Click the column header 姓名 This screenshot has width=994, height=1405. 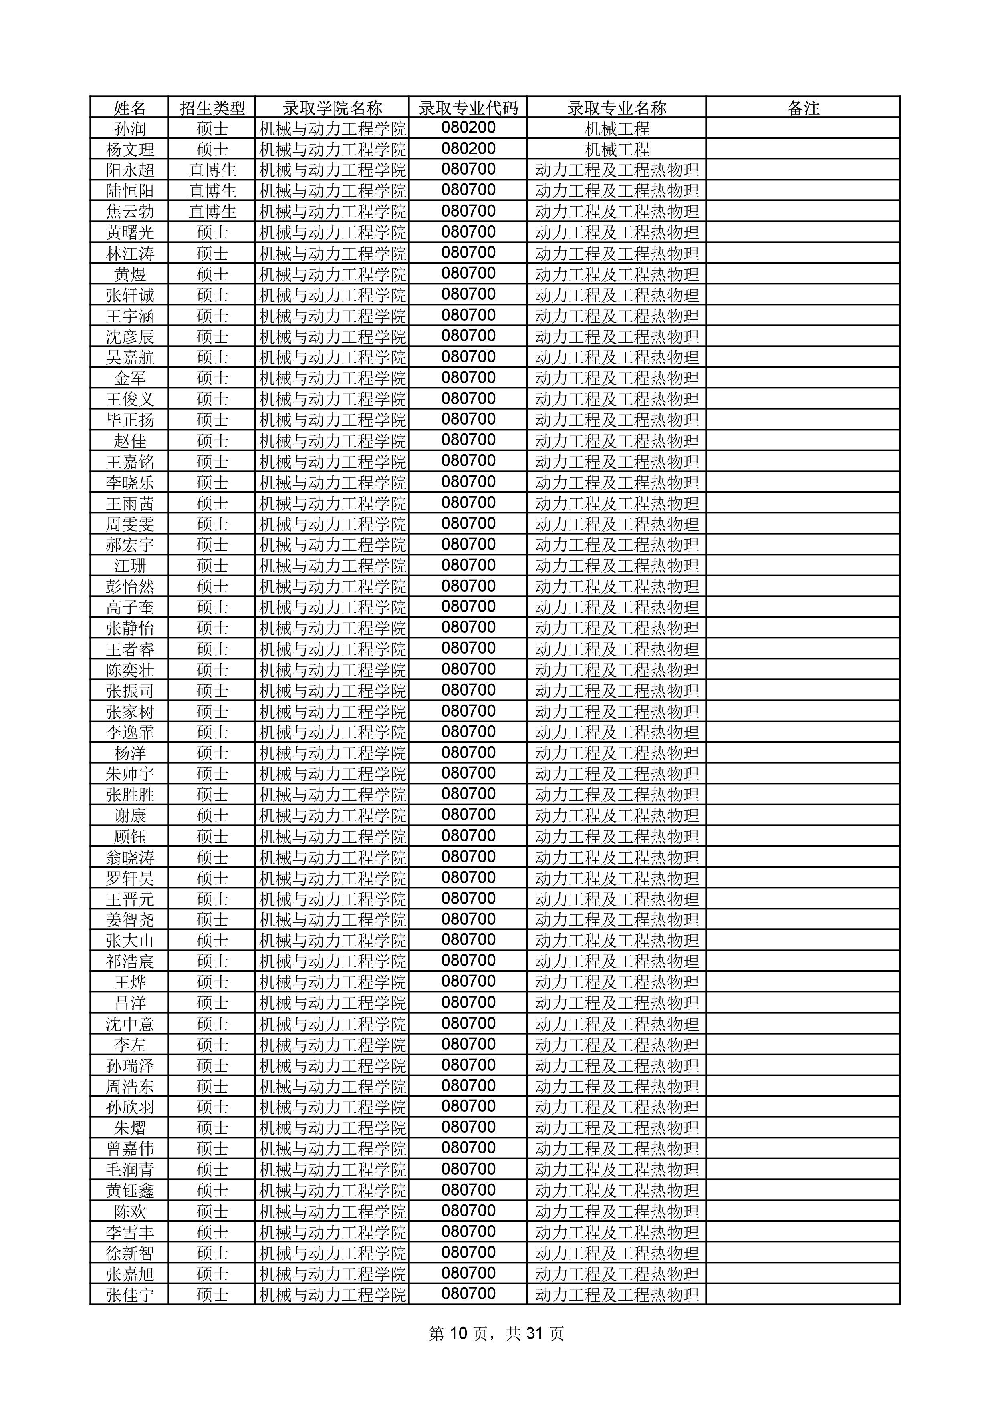coord(130,108)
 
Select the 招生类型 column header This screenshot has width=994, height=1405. coord(212,108)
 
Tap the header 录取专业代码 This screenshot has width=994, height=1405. coord(468,108)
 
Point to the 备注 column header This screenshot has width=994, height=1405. coord(803,108)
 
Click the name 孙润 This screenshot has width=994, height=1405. coord(130,129)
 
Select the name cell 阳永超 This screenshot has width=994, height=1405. coord(130,170)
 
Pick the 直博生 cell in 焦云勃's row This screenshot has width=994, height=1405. coord(212,212)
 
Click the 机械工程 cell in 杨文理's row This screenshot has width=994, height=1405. coord(617,149)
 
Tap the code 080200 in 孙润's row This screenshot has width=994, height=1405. coord(468,129)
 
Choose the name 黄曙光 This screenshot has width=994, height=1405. coord(130,233)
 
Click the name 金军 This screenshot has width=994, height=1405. coord(130,378)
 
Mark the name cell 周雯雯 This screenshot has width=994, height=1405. coord(130,524)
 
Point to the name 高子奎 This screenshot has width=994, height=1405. coord(130,608)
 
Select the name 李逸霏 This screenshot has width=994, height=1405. coord(130,733)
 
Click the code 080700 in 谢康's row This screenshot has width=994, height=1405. coord(468,815)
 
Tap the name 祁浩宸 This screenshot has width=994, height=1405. coord(130,961)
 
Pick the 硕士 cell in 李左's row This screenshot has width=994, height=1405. coord(212,1045)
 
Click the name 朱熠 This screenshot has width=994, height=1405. coord(130,1128)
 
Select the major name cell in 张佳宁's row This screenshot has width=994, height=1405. coord(617,1295)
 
